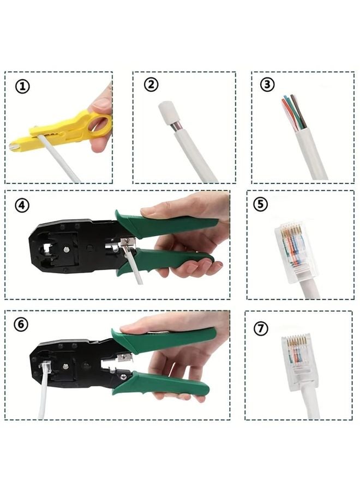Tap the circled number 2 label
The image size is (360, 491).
tap(151, 84)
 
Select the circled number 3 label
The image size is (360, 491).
tap(267, 84)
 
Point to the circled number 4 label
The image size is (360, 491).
tap(22, 206)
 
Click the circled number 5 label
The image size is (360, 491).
tap(261, 204)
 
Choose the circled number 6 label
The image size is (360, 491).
tap(21, 324)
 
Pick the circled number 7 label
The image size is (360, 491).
tap(261, 329)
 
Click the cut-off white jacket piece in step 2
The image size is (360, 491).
tap(166, 113)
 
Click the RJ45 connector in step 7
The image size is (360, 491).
tap(297, 360)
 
